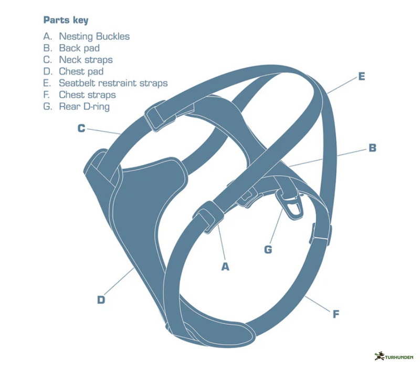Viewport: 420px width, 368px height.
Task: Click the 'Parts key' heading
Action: tap(66, 21)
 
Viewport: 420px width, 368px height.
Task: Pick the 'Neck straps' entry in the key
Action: tap(85, 59)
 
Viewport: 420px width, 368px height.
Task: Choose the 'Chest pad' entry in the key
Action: tap(81, 71)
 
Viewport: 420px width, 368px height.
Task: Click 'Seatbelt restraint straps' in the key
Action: tap(112, 83)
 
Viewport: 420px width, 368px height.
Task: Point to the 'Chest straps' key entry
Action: tap(87, 95)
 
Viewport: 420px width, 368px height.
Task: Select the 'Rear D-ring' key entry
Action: tap(84, 106)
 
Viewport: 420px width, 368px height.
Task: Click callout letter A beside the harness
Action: tap(225, 267)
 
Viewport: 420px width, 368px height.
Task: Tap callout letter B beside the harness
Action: tap(372, 148)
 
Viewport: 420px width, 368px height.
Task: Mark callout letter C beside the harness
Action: tap(81, 128)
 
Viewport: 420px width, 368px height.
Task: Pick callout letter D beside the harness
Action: tap(101, 300)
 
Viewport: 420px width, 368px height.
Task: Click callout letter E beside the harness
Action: tap(361, 76)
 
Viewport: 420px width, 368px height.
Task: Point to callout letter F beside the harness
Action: tap(336, 314)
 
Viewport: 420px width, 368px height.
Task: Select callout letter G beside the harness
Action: tap(268, 249)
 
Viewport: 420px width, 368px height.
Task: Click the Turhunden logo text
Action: tap(399, 357)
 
